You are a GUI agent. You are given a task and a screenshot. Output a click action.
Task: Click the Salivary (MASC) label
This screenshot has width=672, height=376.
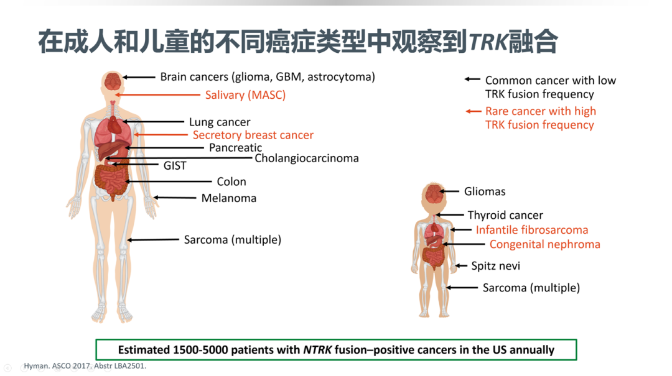[245, 95]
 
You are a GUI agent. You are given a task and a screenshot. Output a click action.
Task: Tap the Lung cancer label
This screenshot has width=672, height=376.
[220, 122]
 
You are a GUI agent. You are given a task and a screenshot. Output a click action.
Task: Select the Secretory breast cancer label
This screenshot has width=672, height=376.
[253, 135]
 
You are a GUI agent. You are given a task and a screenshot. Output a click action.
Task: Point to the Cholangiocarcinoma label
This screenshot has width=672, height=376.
[306, 158]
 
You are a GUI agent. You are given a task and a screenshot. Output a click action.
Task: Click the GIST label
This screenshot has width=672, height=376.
[175, 166]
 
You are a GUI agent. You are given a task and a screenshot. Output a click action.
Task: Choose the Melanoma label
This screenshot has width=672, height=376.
[229, 198]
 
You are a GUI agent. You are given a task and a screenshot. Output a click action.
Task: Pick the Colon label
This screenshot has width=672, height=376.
[231, 181]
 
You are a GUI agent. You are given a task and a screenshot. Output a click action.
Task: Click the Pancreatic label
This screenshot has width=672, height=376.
[235, 147]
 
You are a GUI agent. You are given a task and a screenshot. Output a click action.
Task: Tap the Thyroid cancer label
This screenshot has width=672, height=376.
[505, 215]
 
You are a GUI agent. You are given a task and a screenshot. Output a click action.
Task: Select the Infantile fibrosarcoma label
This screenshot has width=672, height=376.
[532, 230]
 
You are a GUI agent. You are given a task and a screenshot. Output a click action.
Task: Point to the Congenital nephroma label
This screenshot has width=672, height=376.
[544, 244]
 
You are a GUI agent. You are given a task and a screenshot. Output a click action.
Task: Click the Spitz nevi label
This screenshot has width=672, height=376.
[495, 266]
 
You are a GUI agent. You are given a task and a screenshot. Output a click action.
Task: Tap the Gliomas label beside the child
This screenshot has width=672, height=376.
[485, 191]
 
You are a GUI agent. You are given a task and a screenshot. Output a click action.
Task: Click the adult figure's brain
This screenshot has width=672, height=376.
[113, 81]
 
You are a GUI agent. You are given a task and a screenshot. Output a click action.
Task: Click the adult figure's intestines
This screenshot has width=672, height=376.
[112, 180]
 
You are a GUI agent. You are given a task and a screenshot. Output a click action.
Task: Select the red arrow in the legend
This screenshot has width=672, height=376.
[474, 111]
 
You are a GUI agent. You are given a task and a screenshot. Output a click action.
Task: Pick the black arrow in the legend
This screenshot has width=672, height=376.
[472, 79]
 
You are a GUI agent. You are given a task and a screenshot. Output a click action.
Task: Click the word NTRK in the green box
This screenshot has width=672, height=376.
[317, 350]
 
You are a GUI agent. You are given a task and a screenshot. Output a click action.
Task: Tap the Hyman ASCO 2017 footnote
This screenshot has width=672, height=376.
[85, 365]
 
